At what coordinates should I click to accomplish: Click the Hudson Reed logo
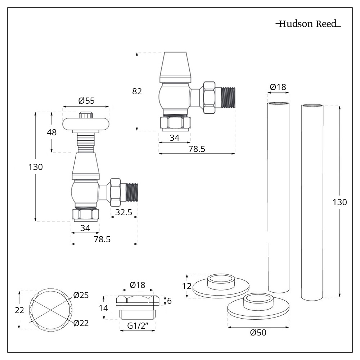(308, 24)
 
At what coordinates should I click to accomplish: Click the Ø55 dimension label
(86, 101)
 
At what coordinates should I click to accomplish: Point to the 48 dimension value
(52, 132)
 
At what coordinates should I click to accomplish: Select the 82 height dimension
(137, 91)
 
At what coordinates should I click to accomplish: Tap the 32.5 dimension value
(123, 212)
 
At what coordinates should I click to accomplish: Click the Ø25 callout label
(81, 295)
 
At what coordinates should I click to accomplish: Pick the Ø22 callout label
(81, 323)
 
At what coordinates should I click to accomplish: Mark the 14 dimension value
(104, 308)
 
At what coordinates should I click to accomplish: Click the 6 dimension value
(170, 301)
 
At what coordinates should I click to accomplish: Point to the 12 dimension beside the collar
(186, 286)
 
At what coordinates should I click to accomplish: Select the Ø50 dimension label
(258, 333)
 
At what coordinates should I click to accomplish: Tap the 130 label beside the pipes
(339, 202)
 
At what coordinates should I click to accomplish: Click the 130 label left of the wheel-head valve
(36, 167)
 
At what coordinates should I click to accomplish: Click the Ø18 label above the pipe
(278, 87)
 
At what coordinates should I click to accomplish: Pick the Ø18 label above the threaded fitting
(137, 285)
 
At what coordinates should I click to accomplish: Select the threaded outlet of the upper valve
(228, 97)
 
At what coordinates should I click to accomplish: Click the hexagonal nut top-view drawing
(51, 309)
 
